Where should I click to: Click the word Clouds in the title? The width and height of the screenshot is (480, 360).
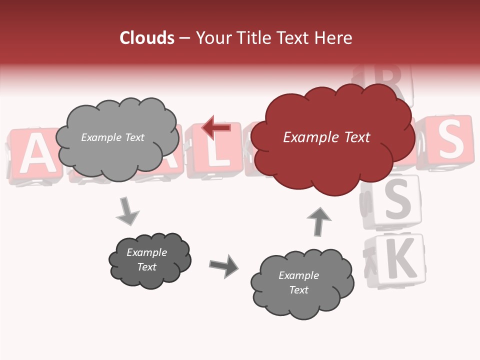(147, 38)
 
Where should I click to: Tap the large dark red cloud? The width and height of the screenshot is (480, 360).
(332, 150)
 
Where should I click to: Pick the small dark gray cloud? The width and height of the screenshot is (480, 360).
(149, 260)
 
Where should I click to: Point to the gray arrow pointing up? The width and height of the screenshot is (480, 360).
(318, 221)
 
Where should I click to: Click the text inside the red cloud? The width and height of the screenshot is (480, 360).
(326, 137)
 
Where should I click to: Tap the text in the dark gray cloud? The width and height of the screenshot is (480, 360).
(147, 259)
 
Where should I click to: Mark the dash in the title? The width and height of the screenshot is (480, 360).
(184, 38)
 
